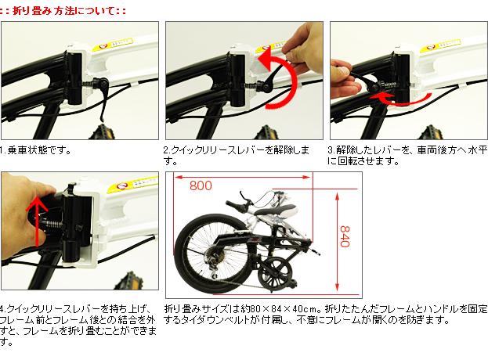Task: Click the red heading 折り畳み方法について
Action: pyautogui.click(x=63, y=12)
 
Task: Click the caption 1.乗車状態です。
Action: pyautogui.click(x=35, y=150)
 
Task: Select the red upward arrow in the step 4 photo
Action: pyautogui.click(x=37, y=221)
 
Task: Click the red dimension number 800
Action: pyautogui.click(x=201, y=186)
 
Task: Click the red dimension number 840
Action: pyautogui.click(x=345, y=236)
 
